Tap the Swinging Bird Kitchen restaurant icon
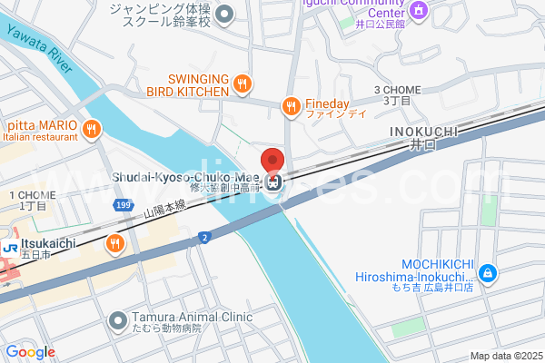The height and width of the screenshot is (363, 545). point(241,85)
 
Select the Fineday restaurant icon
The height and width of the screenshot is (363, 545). point(291,106)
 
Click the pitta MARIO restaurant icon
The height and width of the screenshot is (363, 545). point(91,130)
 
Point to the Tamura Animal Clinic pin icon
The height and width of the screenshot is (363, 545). point(117,320)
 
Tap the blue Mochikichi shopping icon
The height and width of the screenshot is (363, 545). point(488,271)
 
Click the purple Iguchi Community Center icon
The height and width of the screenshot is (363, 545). point(418,10)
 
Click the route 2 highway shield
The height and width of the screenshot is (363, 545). point(203,237)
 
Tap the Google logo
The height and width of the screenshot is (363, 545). point(31,352)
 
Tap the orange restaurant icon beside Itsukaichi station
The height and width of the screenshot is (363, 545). point(114,242)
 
